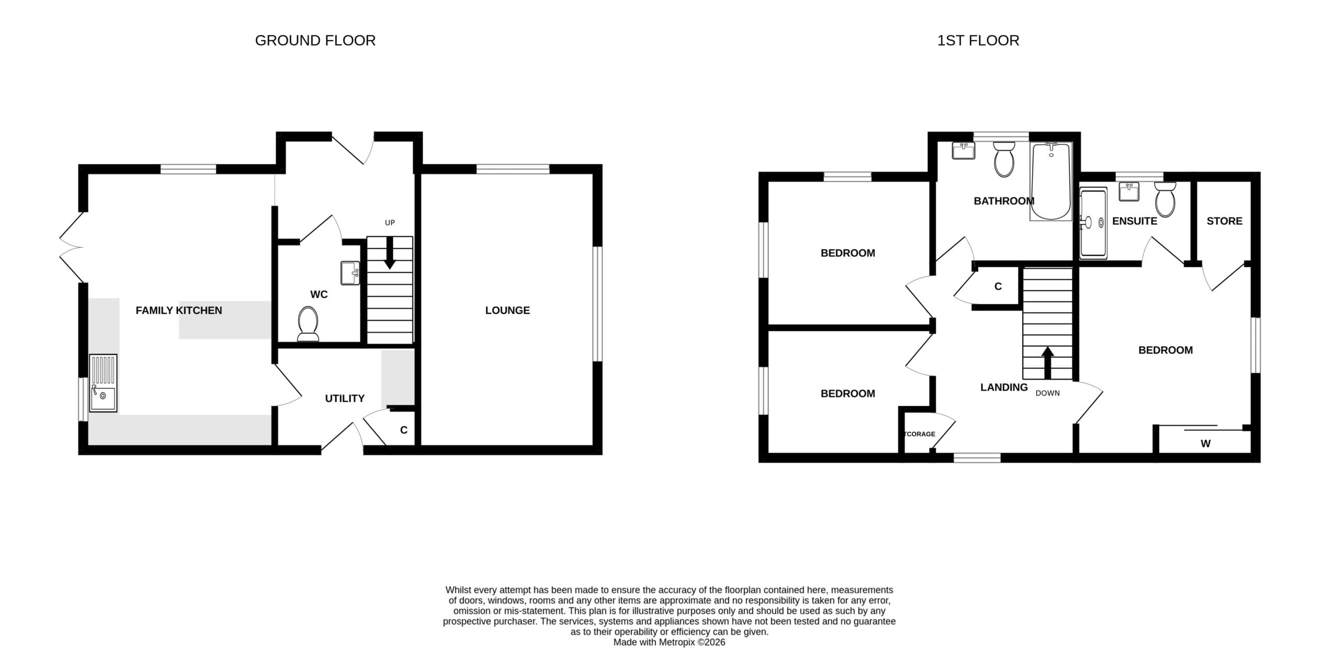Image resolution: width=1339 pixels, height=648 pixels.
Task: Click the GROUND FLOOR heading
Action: pyautogui.click(x=315, y=41)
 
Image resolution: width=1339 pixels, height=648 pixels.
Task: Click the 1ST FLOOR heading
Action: pyautogui.click(x=978, y=41)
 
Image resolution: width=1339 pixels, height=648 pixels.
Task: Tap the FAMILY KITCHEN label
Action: pyautogui.click(x=179, y=311)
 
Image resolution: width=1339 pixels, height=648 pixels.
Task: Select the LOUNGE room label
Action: pyautogui.click(x=507, y=311)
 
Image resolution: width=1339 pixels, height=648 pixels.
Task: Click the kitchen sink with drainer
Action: pyautogui.click(x=103, y=383)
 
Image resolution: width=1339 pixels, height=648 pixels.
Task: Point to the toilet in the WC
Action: pyautogui.click(x=308, y=324)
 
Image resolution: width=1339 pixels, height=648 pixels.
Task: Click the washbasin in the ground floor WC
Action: pyautogui.click(x=350, y=273)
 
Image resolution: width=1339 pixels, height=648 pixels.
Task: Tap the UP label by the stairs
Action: pyautogui.click(x=390, y=223)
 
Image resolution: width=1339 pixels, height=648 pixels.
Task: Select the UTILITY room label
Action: pyautogui.click(x=345, y=399)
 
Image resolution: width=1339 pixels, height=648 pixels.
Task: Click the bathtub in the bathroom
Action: pyautogui.click(x=1051, y=181)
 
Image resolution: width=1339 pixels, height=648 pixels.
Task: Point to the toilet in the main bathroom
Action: pyautogui.click(x=1004, y=159)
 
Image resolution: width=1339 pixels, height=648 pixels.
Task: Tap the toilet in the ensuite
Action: pyautogui.click(x=1165, y=199)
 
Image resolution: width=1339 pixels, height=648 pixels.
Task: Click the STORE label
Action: pyautogui.click(x=1224, y=221)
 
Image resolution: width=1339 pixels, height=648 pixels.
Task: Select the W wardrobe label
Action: pyautogui.click(x=1206, y=444)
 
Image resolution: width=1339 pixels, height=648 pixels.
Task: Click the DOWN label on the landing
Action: pyautogui.click(x=1048, y=393)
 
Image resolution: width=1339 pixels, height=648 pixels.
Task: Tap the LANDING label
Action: pyautogui.click(x=1004, y=388)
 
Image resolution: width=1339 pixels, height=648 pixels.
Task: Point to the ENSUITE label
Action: pyautogui.click(x=1134, y=221)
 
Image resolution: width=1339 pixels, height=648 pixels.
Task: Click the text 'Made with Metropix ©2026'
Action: pyautogui.click(x=669, y=642)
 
